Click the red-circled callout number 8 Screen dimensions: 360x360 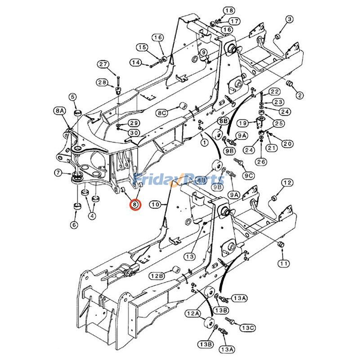[x=135, y=205]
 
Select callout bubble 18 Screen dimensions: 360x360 [x=229, y=10]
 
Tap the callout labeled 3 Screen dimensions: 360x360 [x=289, y=19]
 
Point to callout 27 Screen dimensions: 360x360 [x=104, y=64]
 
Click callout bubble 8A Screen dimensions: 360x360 [x=59, y=110]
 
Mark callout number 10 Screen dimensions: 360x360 [x=155, y=205]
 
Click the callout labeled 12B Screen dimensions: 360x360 [x=157, y=276]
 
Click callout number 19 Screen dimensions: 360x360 [x=243, y=123]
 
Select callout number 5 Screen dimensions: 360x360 [x=73, y=96]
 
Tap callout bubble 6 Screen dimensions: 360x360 [x=74, y=225]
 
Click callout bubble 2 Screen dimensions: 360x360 [x=299, y=95]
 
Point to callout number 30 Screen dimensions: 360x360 [x=134, y=133]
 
